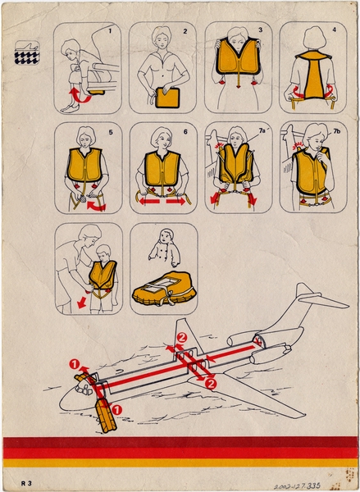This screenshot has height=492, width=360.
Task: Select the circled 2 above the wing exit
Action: [x=183, y=337]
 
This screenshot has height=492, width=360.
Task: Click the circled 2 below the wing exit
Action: [x=211, y=383]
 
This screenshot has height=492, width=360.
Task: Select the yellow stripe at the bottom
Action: [x=180, y=462]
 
